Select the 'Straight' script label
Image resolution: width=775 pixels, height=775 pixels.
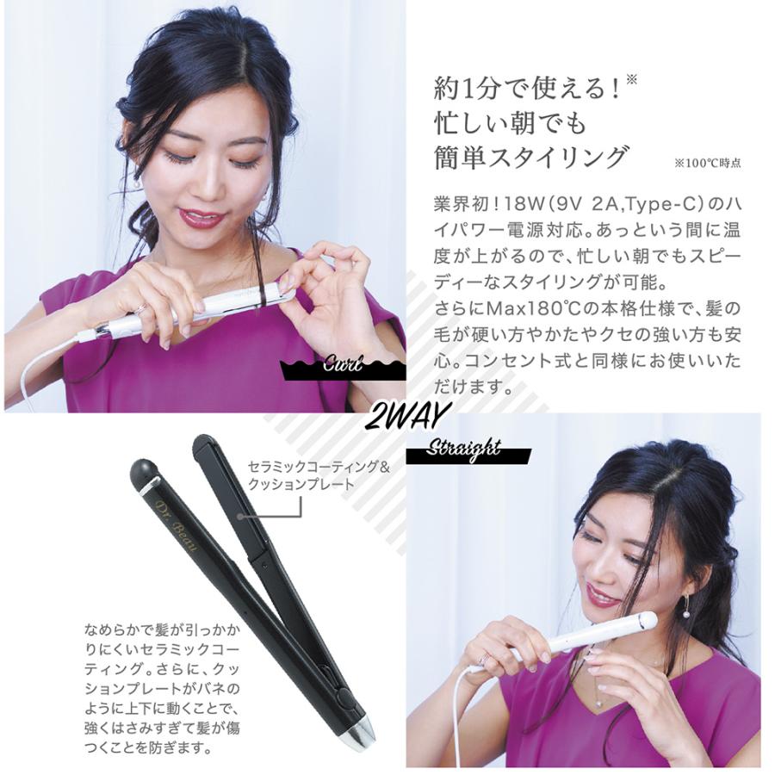pyautogui.click(x=466, y=447)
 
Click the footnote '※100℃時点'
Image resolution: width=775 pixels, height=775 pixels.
pyautogui.click(x=708, y=162)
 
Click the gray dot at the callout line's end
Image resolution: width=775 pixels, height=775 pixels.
pyautogui.click(x=242, y=517)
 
